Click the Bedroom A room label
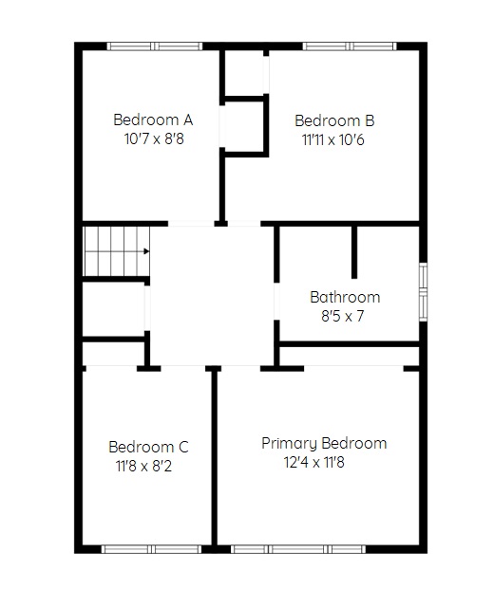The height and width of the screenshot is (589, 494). point(153,120)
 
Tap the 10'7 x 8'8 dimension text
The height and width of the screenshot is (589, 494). point(154,139)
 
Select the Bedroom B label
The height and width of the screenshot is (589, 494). point(334,120)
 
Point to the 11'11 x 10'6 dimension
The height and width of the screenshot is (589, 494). point(332,140)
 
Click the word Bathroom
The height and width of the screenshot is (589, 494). point(345,297)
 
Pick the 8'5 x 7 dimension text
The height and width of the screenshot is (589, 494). point(342,316)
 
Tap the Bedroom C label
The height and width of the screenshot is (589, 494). point(148,447)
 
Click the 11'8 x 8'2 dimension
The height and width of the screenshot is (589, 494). point(143,466)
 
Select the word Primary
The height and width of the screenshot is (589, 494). point(289,444)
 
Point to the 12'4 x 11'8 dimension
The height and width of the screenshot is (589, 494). point(314,462)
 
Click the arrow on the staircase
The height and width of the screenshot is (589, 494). point(146,251)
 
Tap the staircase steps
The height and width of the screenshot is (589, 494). point(117,251)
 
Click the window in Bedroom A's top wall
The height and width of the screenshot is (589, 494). point(155,46)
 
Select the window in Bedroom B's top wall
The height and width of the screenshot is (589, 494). point(350,46)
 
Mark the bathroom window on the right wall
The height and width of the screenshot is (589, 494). point(424,292)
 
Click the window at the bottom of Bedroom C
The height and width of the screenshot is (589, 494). point(152,549)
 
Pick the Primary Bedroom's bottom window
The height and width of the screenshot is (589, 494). point(298,549)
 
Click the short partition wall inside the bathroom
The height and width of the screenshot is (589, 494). point(354,252)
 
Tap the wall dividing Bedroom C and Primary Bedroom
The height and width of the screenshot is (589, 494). point(214,457)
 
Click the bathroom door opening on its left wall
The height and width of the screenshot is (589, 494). point(276,302)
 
